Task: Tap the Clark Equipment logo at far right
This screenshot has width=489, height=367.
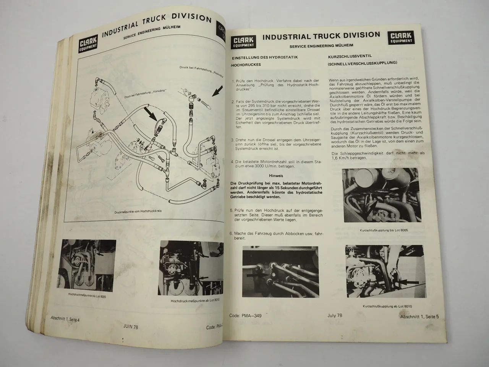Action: click(402, 37)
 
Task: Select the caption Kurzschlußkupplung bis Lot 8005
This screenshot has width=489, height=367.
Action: click(378, 231)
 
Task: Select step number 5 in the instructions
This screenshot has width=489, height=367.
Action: click(231, 210)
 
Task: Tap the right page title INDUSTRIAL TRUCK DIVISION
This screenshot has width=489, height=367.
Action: click(321, 36)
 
